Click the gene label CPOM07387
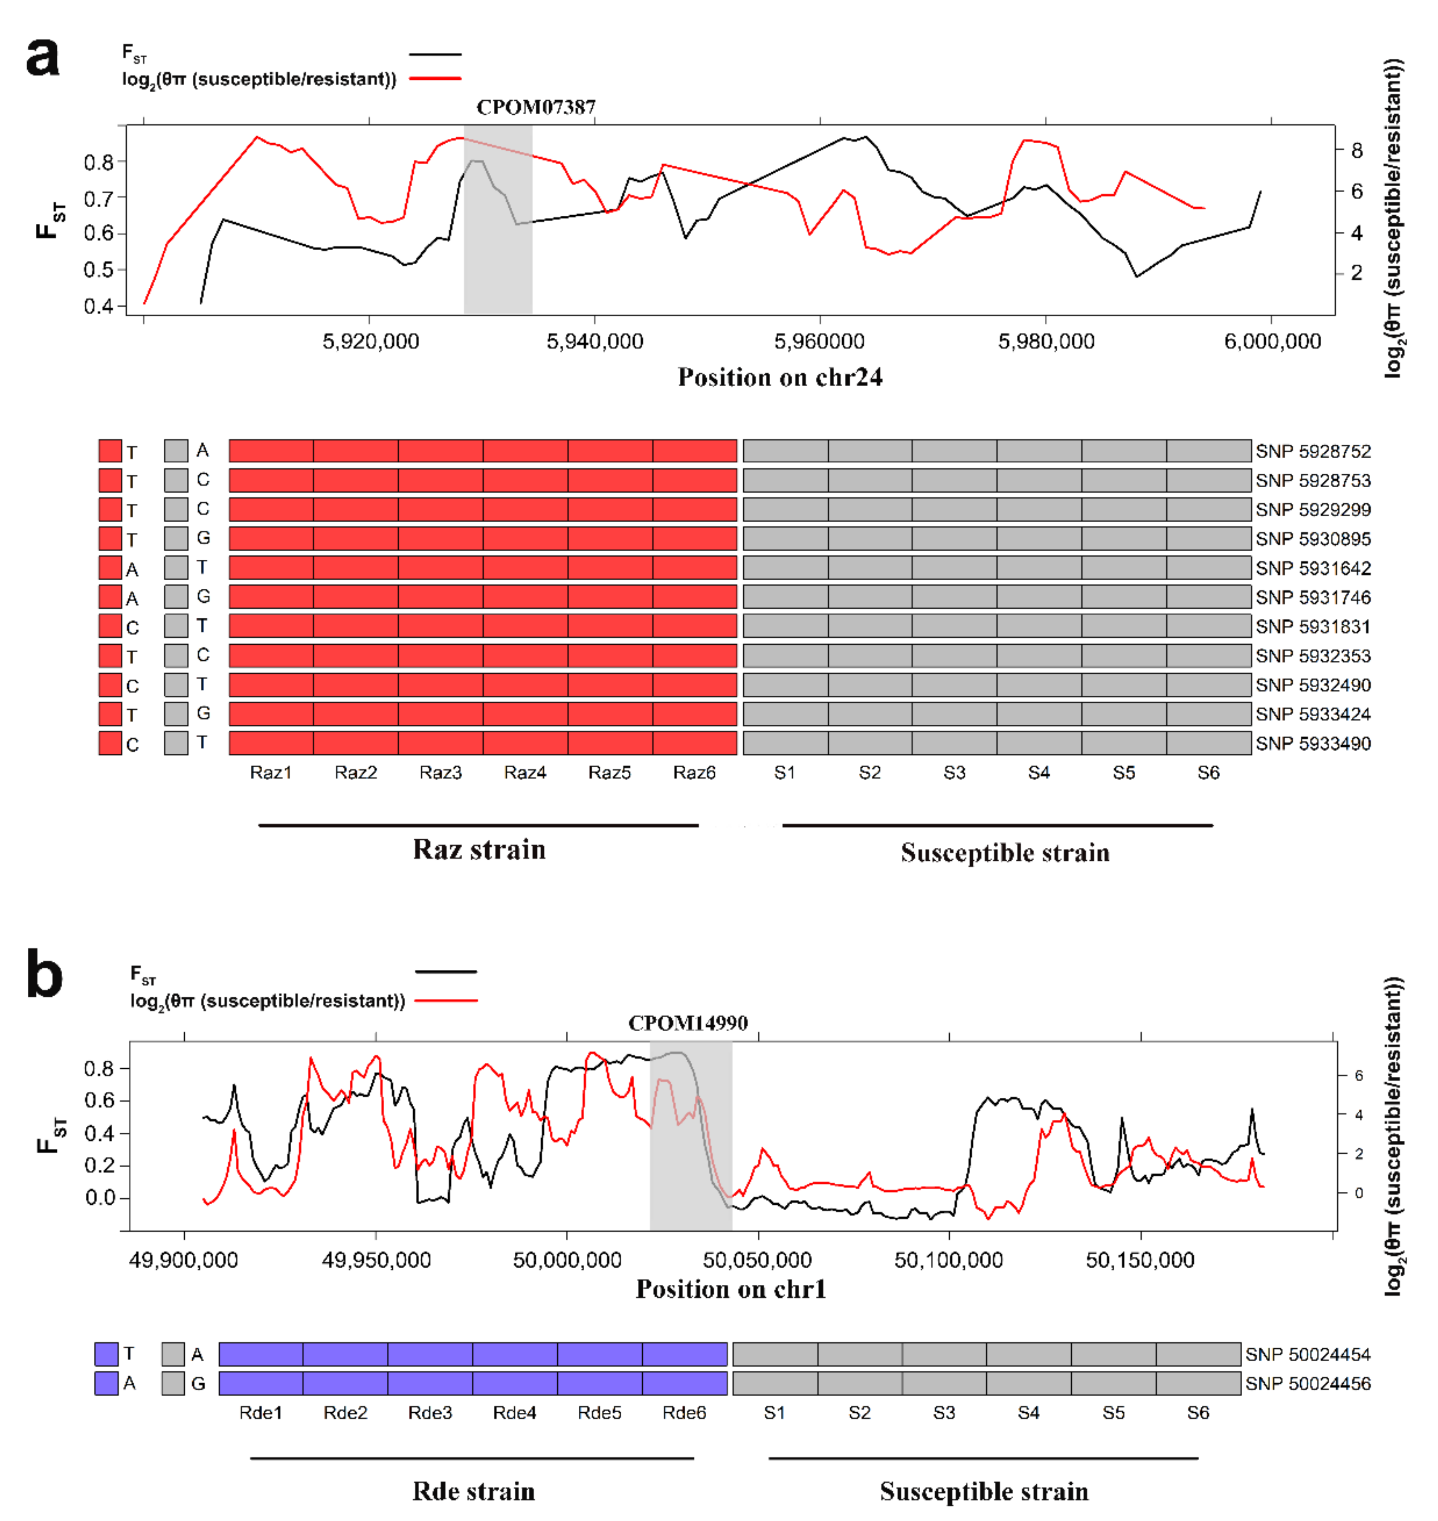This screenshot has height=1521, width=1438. tap(536, 107)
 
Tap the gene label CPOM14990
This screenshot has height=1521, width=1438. tap(687, 1023)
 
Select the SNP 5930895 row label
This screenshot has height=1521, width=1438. tap(1313, 539)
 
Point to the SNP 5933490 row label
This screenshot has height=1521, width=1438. tap(1313, 743)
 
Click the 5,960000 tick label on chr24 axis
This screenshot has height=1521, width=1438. tap(819, 342)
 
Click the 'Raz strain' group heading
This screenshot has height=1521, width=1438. tap(479, 850)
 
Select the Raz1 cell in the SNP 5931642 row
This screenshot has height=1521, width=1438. tap(271, 568)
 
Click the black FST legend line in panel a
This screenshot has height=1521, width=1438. tap(435, 55)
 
